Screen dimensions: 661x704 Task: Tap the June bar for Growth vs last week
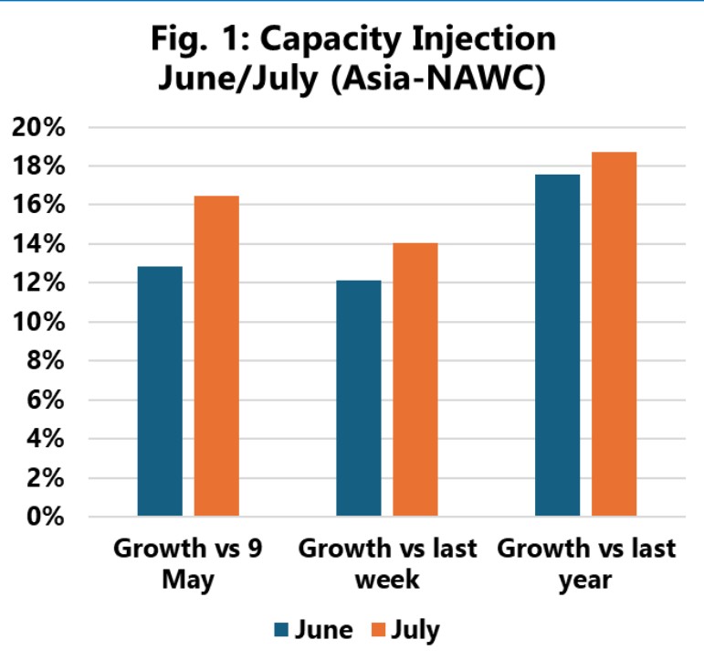[x=358, y=399]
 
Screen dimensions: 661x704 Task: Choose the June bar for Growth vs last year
[x=557, y=346]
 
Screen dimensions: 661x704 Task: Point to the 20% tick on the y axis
[x=39, y=128]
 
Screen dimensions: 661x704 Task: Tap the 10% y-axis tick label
[x=39, y=323]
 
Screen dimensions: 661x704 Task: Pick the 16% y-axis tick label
[x=39, y=206]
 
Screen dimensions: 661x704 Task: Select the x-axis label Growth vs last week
[x=388, y=564]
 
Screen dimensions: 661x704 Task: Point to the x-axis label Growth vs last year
[x=586, y=564]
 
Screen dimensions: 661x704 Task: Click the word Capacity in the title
[x=339, y=40]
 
